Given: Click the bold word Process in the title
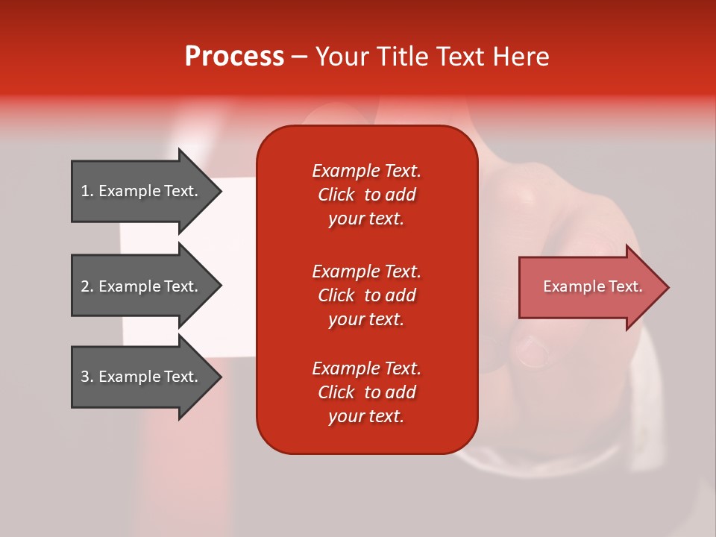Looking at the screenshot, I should (x=234, y=57).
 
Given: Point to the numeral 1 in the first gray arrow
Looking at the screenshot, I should (x=85, y=191).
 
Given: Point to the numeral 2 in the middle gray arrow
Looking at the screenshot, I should (x=85, y=286).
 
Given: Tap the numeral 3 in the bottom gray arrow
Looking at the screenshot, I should (x=85, y=377).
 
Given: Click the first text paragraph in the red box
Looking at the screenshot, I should (x=366, y=195).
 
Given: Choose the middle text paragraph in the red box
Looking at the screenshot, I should (x=366, y=295).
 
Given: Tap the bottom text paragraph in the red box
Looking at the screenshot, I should (x=366, y=392).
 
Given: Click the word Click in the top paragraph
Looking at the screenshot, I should (x=336, y=195).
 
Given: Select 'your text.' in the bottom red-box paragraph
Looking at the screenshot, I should (x=366, y=416).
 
